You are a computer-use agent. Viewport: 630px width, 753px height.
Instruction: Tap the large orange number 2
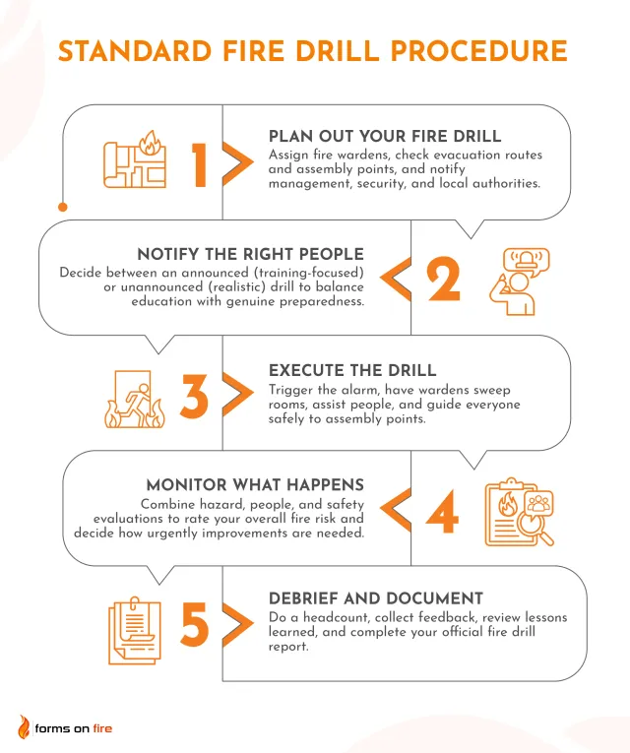click(x=443, y=279)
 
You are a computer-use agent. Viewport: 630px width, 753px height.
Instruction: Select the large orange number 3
click(x=194, y=396)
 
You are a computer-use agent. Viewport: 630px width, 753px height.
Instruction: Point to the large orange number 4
click(x=442, y=512)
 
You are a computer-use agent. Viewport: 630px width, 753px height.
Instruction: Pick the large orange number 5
click(x=195, y=623)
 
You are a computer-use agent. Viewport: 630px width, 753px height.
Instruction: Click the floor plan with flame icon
click(x=135, y=159)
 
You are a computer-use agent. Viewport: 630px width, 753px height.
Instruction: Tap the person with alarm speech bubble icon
click(x=519, y=282)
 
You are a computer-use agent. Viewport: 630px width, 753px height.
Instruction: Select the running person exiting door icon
click(x=134, y=399)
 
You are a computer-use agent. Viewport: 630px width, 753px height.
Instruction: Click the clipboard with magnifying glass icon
click(x=519, y=512)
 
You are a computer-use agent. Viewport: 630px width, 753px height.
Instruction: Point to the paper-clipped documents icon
click(x=135, y=630)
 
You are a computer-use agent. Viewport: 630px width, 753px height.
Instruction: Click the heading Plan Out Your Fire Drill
click(x=385, y=137)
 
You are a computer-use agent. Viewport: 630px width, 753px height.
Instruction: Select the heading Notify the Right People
click(x=250, y=254)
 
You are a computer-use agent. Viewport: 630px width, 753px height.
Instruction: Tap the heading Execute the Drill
click(x=352, y=370)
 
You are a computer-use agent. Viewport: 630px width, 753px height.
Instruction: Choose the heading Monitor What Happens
click(x=255, y=485)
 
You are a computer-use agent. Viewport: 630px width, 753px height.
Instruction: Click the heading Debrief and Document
click(x=375, y=598)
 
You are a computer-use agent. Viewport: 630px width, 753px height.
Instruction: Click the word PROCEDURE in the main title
click(x=478, y=51)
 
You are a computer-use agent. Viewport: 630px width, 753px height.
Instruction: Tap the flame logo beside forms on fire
click(x=24, y=726)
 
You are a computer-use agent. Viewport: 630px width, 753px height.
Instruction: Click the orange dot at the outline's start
click(x=62, y=207)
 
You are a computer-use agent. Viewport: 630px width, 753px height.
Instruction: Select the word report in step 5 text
click(x=288, y=647)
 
